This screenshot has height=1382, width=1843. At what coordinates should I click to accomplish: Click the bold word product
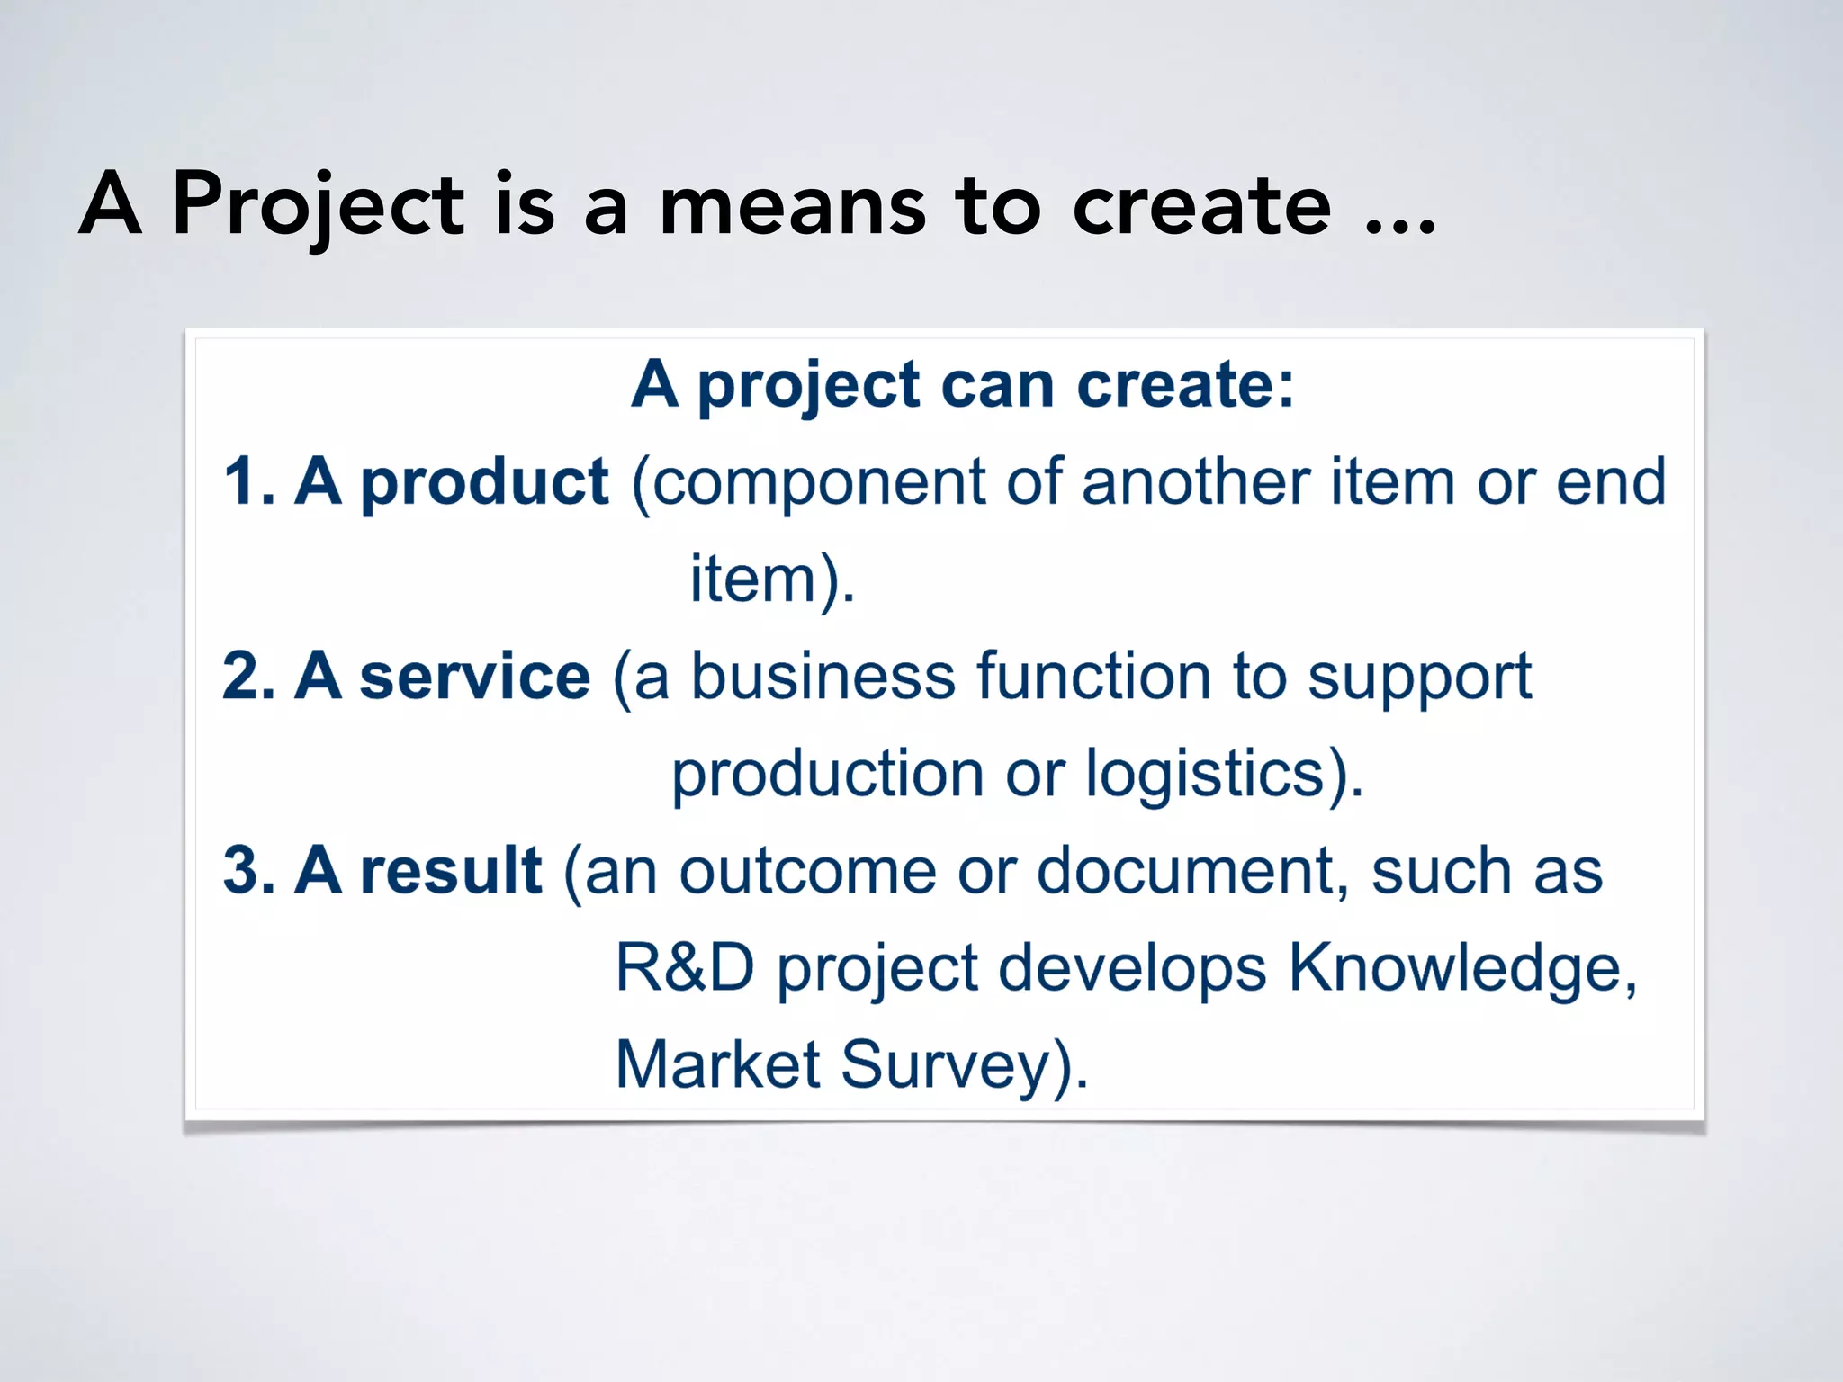tap(484, 482)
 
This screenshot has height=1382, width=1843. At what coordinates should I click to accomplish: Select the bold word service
tap(474, 677)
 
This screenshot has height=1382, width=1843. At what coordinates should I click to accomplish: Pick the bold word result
tap(450, 871)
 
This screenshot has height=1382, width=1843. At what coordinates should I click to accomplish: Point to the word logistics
tap(1205, 774)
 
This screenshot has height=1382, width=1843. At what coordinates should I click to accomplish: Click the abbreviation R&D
tap(684, 968)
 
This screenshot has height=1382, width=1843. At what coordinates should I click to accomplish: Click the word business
tap(823, 677)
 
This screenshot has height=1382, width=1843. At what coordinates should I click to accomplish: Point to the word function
tap(1093, 677)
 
